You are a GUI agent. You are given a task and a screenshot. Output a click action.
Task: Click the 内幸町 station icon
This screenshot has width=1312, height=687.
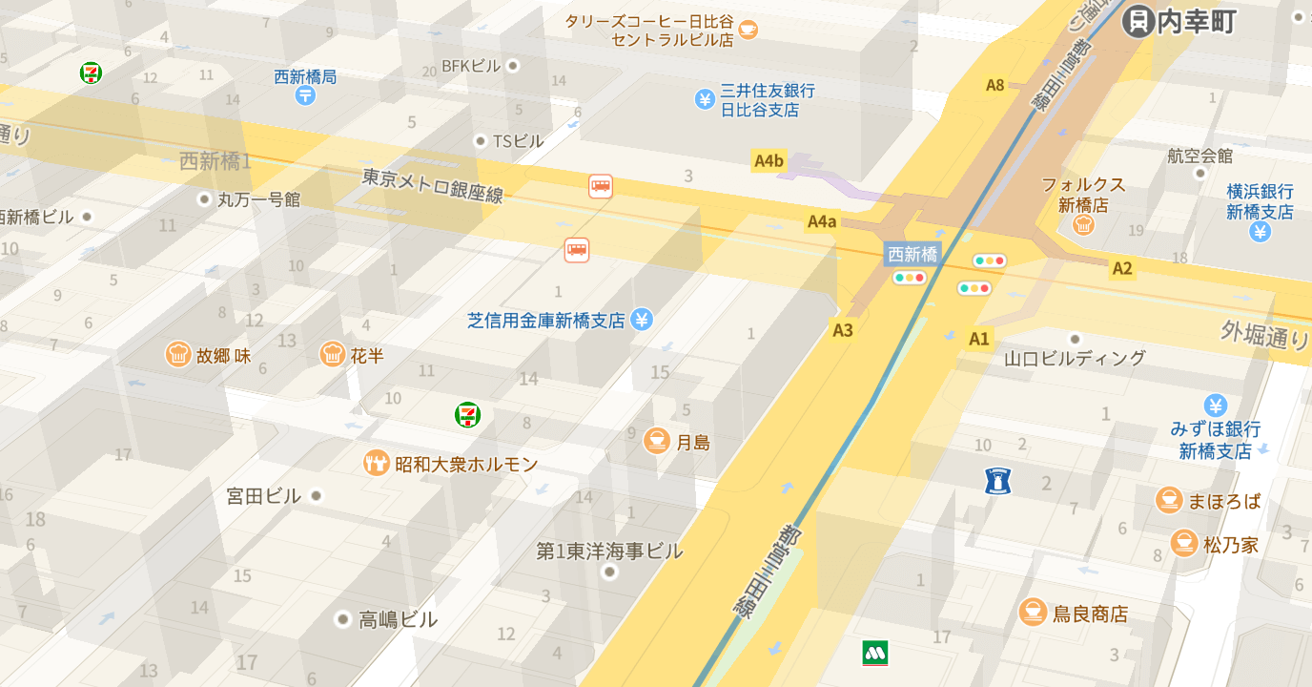click(1138, 21)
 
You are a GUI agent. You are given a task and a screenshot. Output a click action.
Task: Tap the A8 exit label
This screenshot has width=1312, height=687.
click(995, 85)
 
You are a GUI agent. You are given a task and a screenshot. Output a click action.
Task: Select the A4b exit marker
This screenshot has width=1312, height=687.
click(769, 161)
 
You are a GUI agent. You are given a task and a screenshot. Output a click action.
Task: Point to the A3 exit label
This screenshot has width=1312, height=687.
click(843, 331)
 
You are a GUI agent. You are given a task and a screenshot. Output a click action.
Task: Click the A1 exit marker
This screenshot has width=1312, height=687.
click(979, 339)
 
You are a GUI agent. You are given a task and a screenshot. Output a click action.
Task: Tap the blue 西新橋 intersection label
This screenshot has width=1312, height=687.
click(912, 254)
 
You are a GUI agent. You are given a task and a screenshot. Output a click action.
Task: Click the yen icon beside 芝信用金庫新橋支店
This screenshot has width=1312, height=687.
click(642, 320)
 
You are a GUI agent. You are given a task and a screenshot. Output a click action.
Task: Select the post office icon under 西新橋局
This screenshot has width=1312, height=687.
click(305, 94)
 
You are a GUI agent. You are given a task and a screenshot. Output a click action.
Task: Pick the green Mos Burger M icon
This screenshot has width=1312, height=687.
click(875, 653)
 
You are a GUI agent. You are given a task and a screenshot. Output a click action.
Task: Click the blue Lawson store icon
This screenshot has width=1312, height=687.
click(997, 481)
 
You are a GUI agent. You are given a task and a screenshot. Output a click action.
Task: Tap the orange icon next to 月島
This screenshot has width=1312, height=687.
click(656, 442)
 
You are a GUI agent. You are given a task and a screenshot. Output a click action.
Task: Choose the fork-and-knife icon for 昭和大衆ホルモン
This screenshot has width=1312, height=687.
click(377, 464)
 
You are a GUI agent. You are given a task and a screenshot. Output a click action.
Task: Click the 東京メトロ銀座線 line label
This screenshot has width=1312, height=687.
click(432, 186)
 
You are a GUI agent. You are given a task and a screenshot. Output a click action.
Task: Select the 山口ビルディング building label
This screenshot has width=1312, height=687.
click(1075, 358)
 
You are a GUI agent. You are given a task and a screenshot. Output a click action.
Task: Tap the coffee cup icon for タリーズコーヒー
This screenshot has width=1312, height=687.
click(748, 30)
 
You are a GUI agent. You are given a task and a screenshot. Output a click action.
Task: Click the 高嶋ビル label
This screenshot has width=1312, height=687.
click(398, 620)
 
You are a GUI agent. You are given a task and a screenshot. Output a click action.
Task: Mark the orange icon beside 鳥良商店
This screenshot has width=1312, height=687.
click(1033, 613)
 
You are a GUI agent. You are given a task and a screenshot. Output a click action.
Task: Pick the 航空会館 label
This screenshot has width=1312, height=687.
click(1199, 156)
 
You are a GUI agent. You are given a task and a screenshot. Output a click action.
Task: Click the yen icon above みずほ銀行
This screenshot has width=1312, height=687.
click(1215, 406)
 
